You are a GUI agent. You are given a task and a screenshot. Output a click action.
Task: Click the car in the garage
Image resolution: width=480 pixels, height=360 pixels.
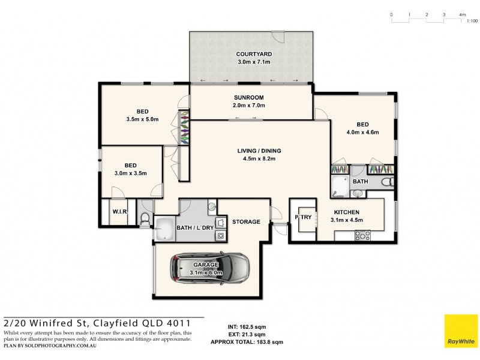(x=209, y=268)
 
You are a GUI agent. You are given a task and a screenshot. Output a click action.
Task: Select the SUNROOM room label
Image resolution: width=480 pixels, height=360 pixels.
(x=248, y=97)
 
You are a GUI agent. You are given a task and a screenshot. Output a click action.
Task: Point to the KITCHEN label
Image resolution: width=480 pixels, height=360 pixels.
(x=346, y=212)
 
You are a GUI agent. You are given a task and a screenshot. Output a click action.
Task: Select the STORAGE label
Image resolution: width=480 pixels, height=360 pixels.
(x=247, y=221)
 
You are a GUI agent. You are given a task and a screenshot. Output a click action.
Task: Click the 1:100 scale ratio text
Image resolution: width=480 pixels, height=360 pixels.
(x=472, y=21)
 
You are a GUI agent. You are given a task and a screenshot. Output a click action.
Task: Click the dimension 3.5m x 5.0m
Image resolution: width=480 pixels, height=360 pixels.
(x=142, y=119)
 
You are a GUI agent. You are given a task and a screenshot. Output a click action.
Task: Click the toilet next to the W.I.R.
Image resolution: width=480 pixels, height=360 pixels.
(x=145, y=220)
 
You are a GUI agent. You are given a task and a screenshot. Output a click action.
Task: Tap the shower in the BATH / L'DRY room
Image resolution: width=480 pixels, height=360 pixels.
(x=165, y=229)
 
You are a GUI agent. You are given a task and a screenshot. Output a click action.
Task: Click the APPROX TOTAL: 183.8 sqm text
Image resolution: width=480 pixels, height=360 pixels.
(x=247, y=341)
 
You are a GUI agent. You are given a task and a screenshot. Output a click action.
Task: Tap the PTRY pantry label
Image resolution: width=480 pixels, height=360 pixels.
(x=303, y=217)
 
